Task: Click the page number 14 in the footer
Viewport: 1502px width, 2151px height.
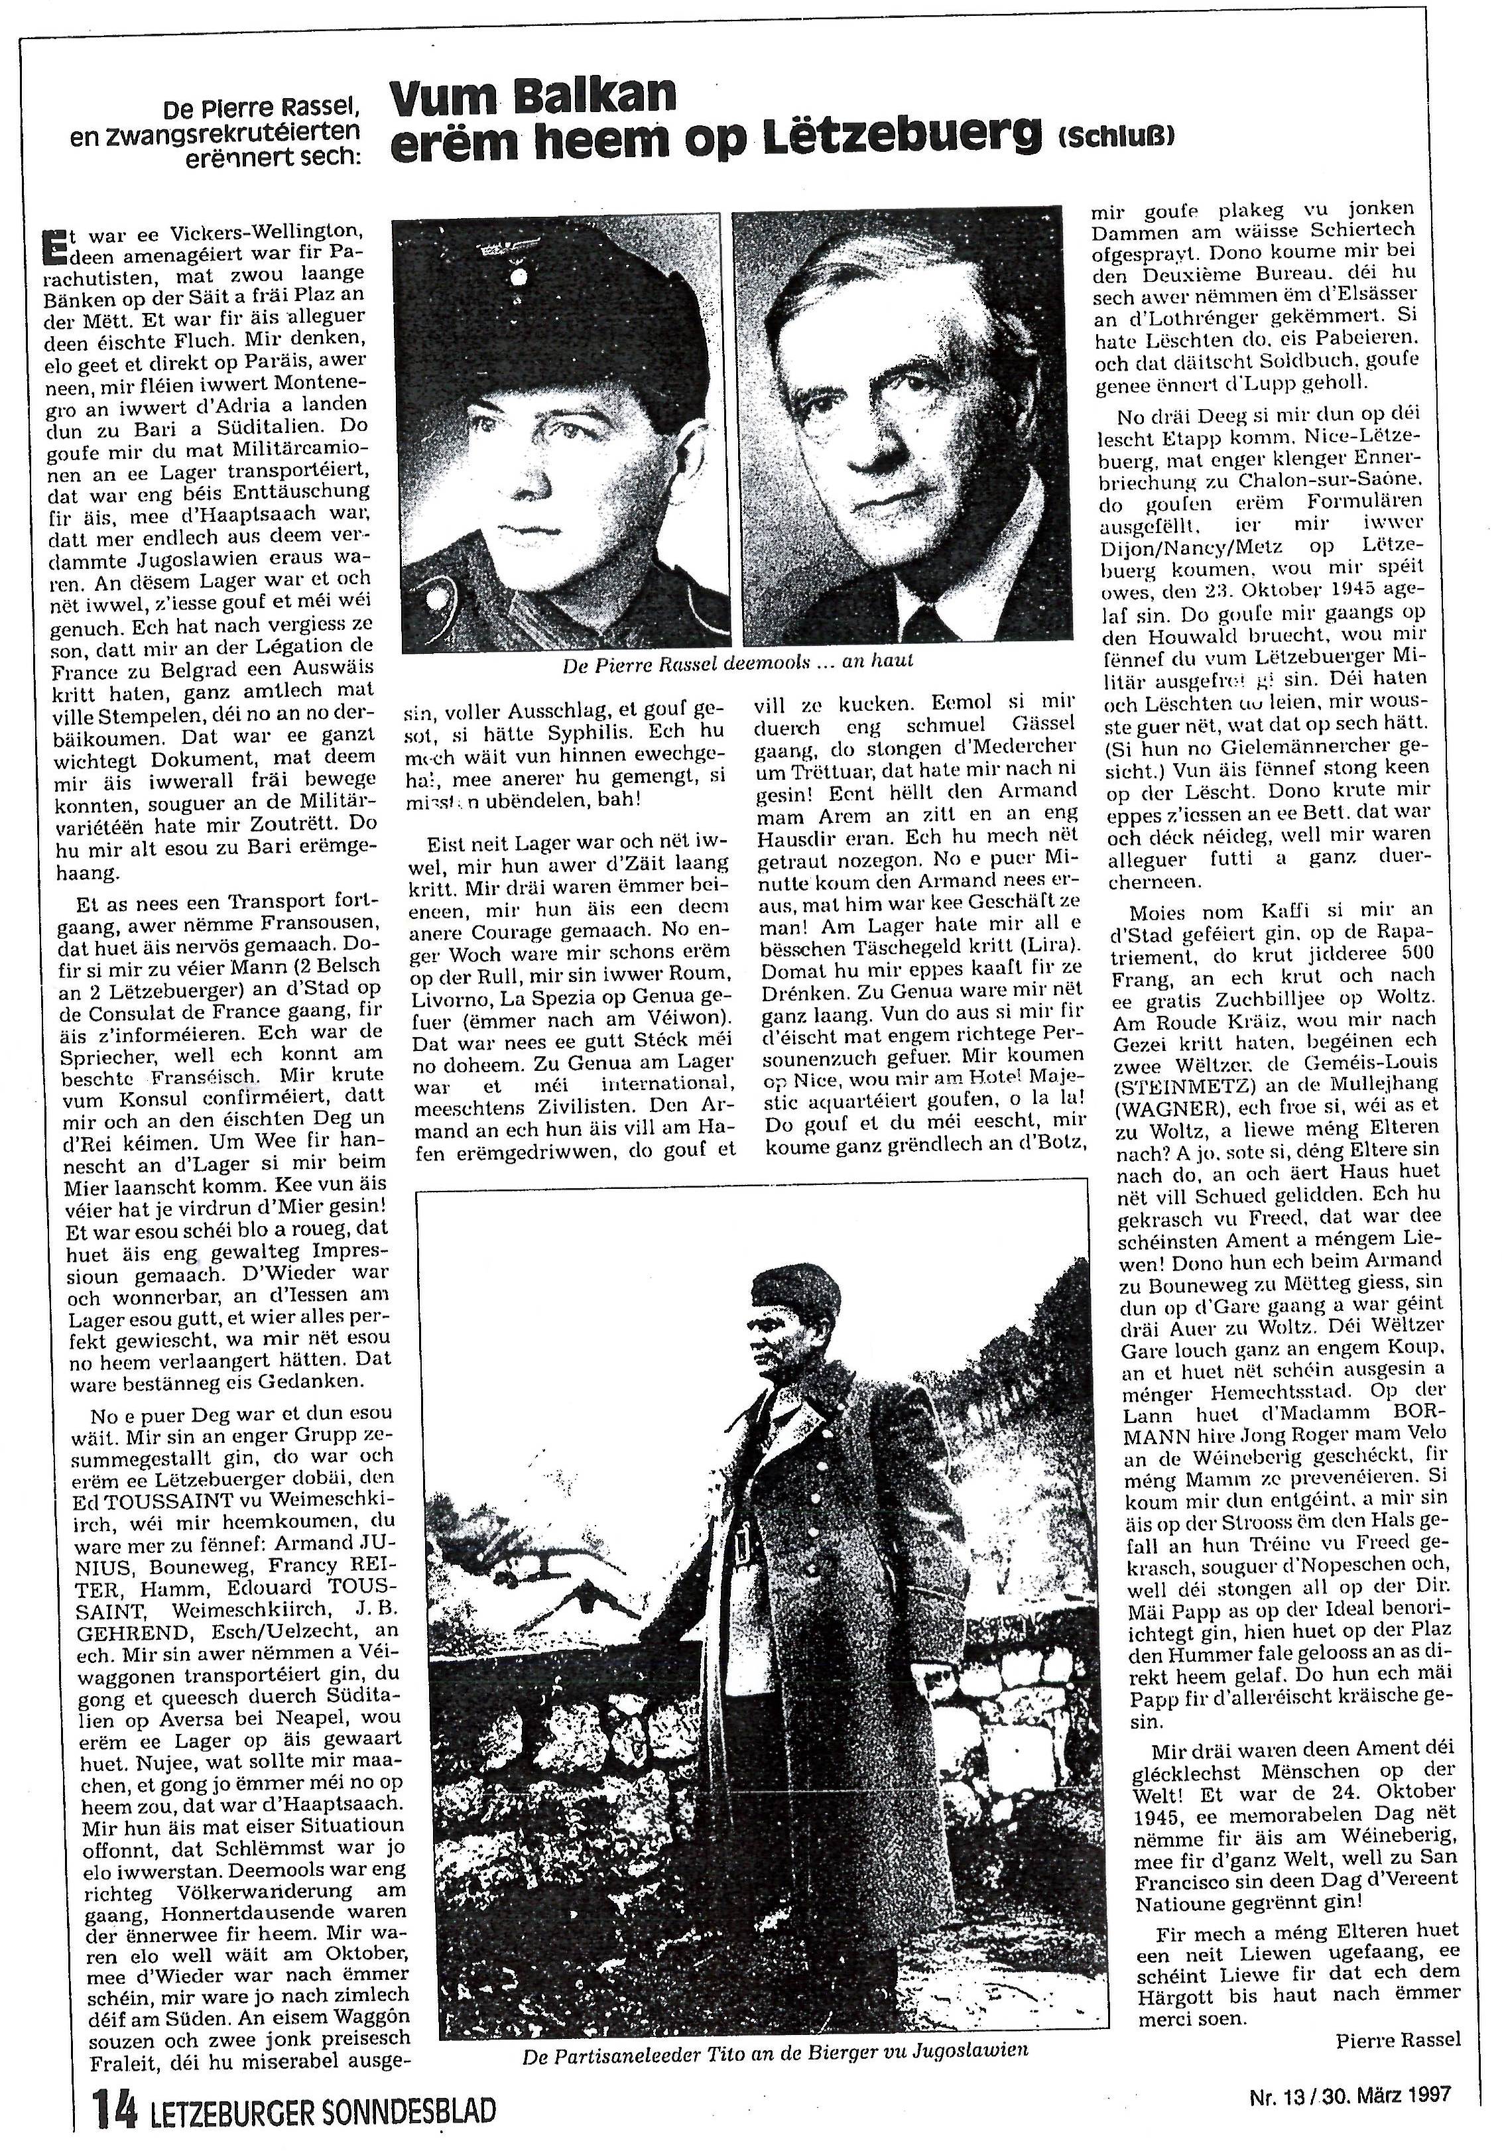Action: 114,2111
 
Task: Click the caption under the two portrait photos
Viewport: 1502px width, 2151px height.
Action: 737,663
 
